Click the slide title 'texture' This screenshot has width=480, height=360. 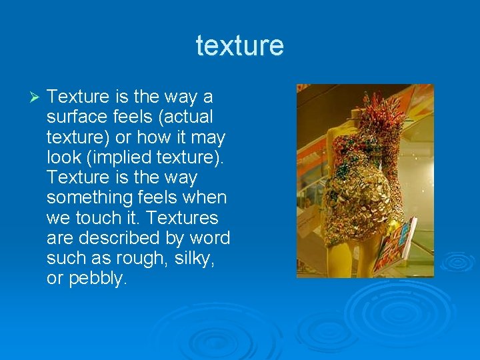coord(240,46)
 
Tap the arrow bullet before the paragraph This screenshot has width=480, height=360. coord(36,97)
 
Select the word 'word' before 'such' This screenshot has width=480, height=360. coord(209,238)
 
